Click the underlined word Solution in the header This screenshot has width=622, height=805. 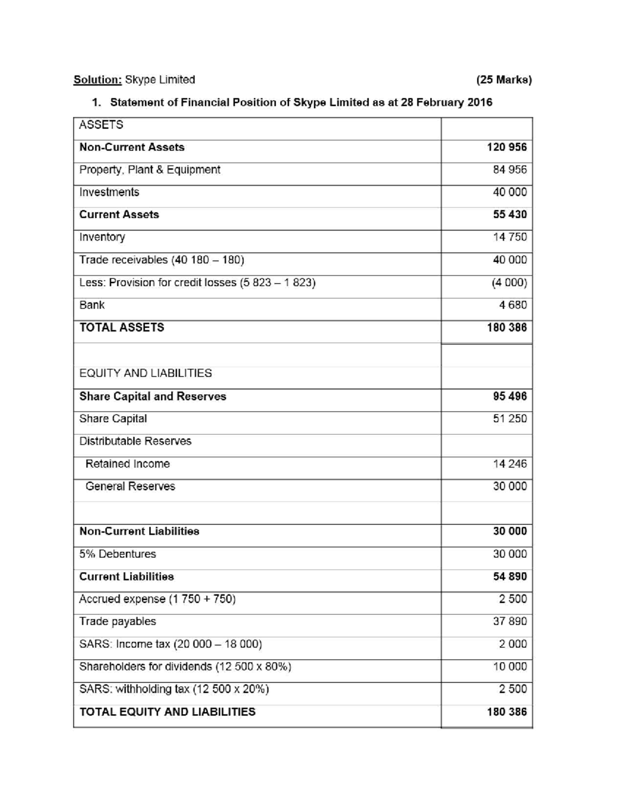click(x=97, y=80)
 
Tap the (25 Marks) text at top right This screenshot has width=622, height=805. click(x=504, y=80)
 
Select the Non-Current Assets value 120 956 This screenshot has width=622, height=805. click(x=506, y=147)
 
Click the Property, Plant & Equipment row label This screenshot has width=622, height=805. click(x=149, y=170)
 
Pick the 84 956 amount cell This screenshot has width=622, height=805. click(x=510, y=170)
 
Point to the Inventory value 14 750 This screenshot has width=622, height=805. click(x=510, y=237)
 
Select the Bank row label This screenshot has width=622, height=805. click(x=92, y=305)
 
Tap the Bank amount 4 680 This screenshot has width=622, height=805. click(x=513, y=305)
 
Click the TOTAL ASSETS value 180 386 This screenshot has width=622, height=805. click(x=506, y=328)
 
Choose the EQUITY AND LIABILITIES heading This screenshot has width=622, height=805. click(x=145, y=373)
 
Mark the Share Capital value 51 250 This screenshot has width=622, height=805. click(x=510, y=419)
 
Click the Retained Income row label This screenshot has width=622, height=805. click(x=128, y=464)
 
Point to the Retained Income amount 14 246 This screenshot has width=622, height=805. click(x=510, y=464)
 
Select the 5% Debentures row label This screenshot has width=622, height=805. click(x=117, y=554)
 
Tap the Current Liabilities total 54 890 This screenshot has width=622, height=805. click(x=510, y=577)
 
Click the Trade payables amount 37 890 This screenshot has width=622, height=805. click(x=510, y=622)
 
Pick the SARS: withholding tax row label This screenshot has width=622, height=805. click(x=174, y=689)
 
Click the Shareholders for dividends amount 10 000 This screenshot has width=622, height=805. click(x=510, y=667)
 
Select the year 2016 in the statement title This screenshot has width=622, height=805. click(x=479, y=102)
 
